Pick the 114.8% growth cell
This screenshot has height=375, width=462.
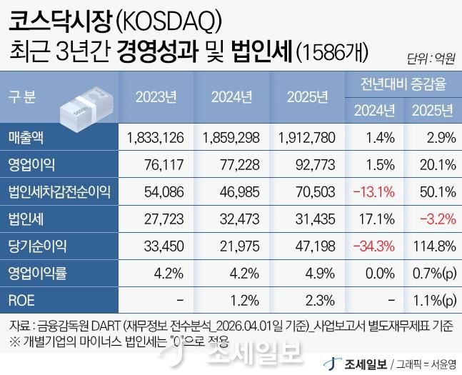tap(433, 246)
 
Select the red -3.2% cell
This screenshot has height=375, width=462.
tap(436, 219)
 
